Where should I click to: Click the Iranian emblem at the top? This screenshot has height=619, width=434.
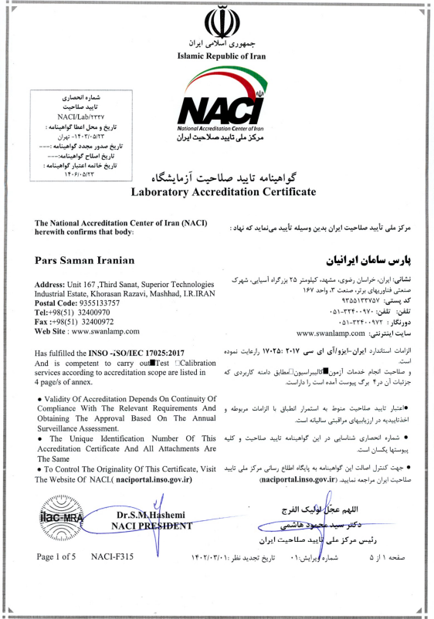(216, 20)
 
